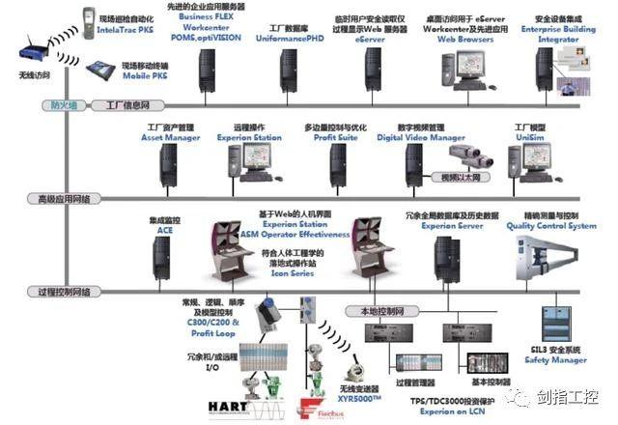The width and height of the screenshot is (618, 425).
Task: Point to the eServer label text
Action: [370, 42]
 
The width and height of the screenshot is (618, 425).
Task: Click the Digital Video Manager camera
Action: [480, 157]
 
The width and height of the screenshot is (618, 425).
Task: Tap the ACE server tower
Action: [161, 259]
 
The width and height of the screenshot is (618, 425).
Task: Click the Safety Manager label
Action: [555, 360]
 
